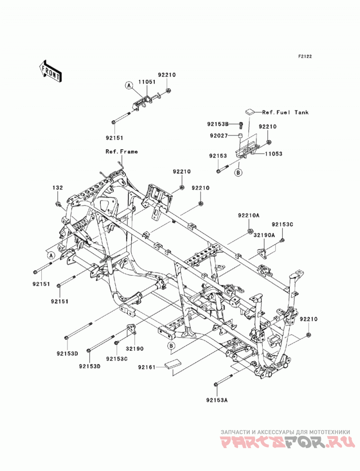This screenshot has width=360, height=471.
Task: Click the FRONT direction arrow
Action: pyautogui.click(x=50, y=72)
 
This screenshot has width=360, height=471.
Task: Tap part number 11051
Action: pyautogui.click(x=147, y=82)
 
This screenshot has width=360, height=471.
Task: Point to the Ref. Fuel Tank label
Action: pyautogui.click(x=285, y=112)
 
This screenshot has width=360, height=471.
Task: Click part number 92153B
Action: pyautogui.click(x=218, y=124)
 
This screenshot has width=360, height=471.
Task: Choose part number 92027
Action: pyautogui.click(x=219, y=136)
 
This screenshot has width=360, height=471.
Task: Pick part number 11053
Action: pyautogui.click(x=274, y=154)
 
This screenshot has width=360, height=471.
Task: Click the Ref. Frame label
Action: pyautogui.click(x=121, y=152)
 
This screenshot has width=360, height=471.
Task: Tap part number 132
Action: pyautogui.click(x=58, y=188)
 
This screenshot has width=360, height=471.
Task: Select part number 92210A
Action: pyautogui.click(x=248, y=215)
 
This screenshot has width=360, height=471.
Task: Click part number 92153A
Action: pyautogui.click(x=217, y=400)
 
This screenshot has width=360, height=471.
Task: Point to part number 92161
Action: pyautogui.click(x=147, y=367)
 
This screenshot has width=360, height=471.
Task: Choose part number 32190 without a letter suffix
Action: pyautogui.click(x=135, y=349)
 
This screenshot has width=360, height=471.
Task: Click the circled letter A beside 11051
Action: pyautogui.click(x=129, y=85)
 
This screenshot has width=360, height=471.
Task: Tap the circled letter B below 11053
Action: pyautogui.click(x=238, y=173)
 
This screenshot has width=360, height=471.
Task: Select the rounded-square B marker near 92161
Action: pyautogui.click(x=171, y=346)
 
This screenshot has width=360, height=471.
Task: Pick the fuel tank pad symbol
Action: pyautogui.click(x=250, y=112)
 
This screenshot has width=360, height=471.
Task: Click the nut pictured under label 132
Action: pyautogui.click(x=58, y=205)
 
